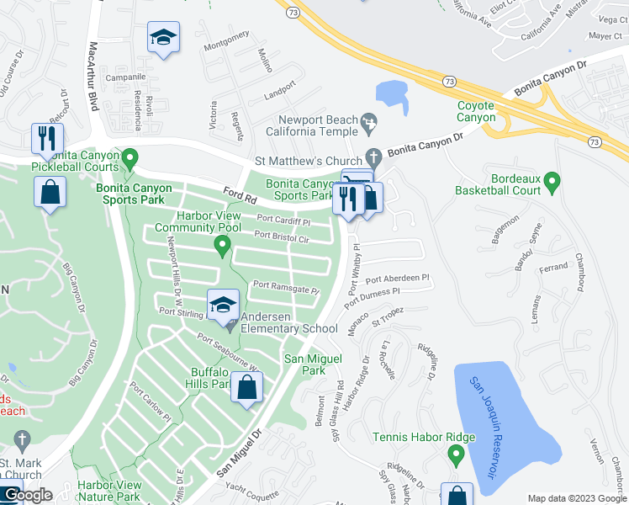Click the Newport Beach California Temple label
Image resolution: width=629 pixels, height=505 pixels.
pos(313,125)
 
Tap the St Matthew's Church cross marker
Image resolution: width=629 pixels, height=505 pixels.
pos(373,157)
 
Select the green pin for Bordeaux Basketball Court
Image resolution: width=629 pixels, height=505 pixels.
pos(552,181)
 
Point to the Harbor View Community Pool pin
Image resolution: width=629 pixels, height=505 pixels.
pos(222,247)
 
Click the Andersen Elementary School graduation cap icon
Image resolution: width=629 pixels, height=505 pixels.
pos(224,306)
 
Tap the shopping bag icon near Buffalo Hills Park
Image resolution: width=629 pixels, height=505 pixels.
pos(247,388)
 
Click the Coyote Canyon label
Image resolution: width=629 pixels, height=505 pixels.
pos(476,111)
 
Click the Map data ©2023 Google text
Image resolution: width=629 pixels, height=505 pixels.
pos(576,498)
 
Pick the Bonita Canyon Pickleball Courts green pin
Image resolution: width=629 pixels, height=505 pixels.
pos(129,157)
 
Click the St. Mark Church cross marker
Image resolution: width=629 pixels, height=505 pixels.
pos(23,439)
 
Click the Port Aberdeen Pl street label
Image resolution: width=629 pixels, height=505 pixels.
pos(397,278)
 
